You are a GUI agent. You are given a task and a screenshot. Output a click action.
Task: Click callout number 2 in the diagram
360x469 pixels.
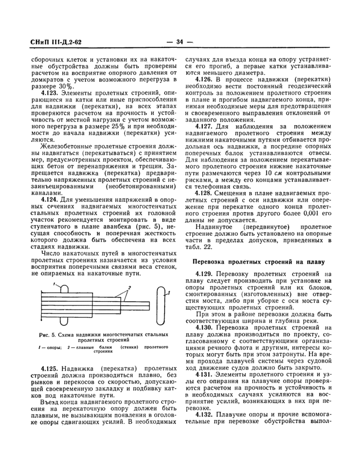[x=131, y=287]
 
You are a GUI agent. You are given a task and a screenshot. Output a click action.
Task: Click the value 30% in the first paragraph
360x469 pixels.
[x=63, y=85]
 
